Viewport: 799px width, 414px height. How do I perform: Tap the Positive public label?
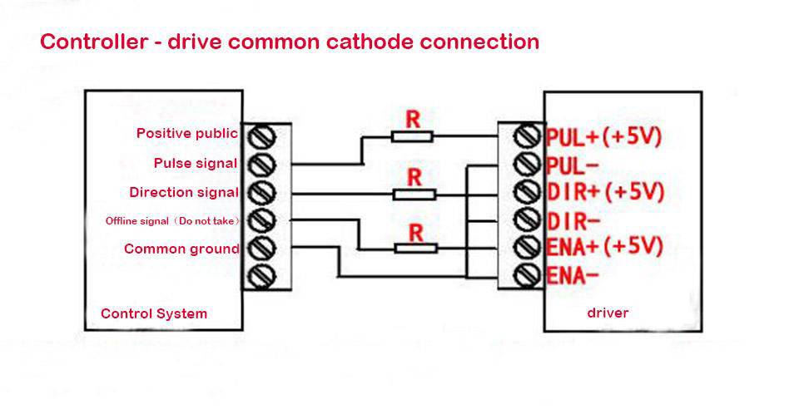pos(186,133)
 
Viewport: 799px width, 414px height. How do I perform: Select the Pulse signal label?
pos(196,163)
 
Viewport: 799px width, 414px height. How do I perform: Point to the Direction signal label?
pos(184,192)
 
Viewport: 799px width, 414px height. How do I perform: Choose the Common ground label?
pos(181,249)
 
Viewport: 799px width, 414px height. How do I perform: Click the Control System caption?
pos(154,313)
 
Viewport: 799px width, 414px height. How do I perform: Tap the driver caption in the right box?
pos(608,313)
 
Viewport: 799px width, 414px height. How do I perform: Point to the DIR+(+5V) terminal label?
pos(605,192)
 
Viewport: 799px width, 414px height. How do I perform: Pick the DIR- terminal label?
pos(573,220)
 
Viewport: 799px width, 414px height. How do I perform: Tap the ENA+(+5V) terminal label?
pos(604,247)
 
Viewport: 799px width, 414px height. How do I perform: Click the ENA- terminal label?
pos(573,274)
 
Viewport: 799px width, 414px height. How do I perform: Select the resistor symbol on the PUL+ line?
pos(412,136)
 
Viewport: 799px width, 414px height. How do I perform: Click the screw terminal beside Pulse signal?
pos(262,163)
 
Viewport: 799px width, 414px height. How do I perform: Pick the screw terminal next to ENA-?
pos(526,274)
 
